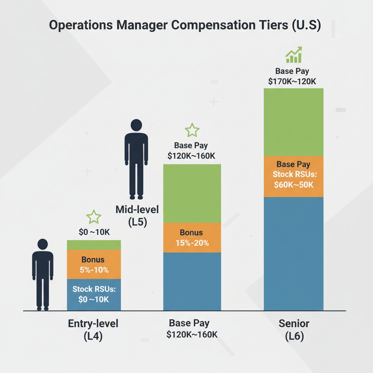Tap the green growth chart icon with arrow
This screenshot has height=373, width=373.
tap(294, 55)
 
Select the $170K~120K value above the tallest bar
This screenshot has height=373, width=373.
tap(292, 82)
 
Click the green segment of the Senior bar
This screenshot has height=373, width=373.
tap(293, 122)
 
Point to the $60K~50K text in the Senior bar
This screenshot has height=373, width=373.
tap(294, 185)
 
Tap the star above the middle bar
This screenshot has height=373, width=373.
tap(192, 130)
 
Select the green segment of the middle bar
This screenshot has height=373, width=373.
tap(192, 193)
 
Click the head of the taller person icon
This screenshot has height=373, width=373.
tap(136, 125)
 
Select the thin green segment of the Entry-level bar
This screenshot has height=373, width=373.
tap(94, 245)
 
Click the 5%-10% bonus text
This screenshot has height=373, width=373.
tap(93, 270)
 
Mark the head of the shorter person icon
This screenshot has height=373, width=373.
tap(43, 244)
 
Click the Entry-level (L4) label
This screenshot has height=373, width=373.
tap(93, 330)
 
